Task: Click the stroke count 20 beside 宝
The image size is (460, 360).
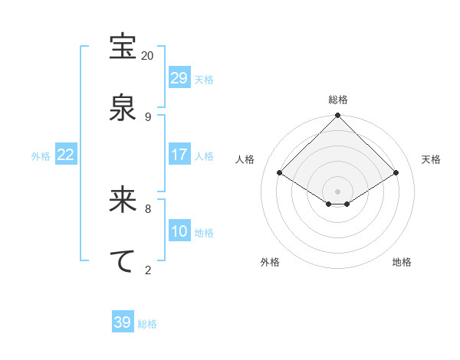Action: (147, 56)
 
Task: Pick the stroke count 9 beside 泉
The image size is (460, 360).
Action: (147, 116)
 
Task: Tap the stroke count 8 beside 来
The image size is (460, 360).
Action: (147, 208)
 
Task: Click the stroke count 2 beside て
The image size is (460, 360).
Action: (147, 269)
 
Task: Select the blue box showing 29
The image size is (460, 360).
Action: (179, 78)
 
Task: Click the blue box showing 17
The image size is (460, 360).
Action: (179, 155)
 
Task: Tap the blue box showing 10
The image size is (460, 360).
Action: (179, 231)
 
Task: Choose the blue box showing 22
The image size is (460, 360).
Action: (66, 155)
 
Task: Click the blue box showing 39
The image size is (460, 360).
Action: (123, 322)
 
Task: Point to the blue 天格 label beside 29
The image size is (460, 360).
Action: (204, 80)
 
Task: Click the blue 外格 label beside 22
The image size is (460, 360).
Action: (41, 156)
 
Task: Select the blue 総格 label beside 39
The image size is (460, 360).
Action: (147, 324)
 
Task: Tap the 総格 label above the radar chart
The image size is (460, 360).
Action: (338, 100)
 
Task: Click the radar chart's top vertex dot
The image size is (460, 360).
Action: (338, 116)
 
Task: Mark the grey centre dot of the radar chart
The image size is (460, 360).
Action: (338, 190)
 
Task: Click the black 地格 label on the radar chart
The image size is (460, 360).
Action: (402, 262)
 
